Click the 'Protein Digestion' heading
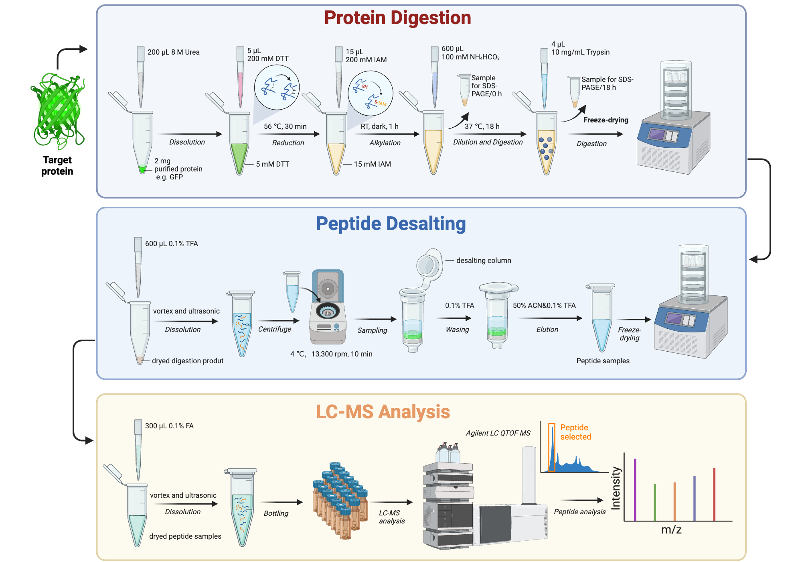pos(397,18)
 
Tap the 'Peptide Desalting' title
pos(391,224)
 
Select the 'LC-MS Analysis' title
pos(383,412)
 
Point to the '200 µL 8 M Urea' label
pos(174,52)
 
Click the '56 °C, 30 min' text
pos(285,126)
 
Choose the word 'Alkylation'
pos(385,143)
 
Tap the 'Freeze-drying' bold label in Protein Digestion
pos(606,120)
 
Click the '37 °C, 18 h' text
pos(482,126)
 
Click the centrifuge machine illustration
pos(328,307)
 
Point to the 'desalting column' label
pos(484,261)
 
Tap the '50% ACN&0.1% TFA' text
pos(544,305)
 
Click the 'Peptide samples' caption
pos(603,361)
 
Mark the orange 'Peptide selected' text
pos(575,432)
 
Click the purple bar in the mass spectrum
pos(635,490)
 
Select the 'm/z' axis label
pos(671,530)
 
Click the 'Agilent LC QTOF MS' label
pos(498,433)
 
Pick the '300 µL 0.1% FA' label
pos(169,426)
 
